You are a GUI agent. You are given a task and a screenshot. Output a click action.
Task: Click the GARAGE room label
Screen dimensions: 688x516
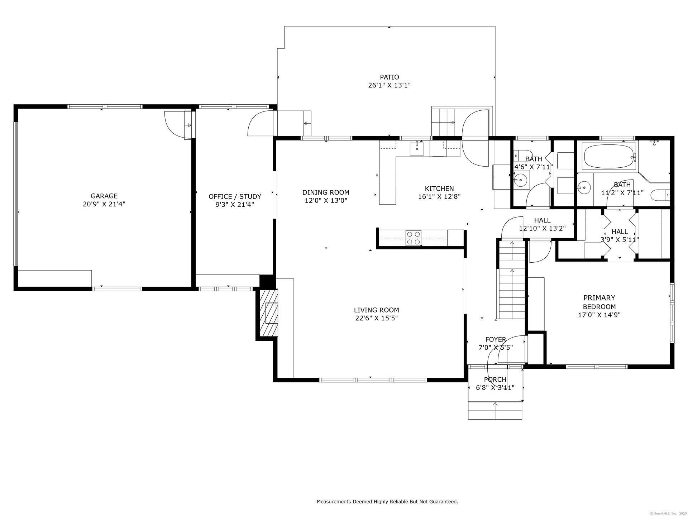click(104, 196)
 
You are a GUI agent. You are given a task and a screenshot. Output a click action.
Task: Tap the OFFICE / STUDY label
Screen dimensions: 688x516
click(235, 197)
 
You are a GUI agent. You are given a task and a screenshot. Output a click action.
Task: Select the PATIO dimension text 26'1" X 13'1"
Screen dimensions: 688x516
click(389, 85)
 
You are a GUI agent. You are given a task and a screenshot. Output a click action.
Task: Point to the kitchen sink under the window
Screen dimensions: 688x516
click(417, 148)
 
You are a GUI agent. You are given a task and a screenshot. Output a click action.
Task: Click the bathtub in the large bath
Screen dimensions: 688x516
click(609, 156)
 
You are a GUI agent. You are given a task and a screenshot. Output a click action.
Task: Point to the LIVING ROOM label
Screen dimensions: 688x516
click(376, 310)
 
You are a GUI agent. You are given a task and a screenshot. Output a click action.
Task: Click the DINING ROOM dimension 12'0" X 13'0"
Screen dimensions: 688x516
click(326, 201)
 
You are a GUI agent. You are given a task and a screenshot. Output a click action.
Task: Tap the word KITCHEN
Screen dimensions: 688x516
click(439, 188)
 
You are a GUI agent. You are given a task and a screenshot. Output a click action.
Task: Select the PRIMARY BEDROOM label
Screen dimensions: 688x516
click(599, 302)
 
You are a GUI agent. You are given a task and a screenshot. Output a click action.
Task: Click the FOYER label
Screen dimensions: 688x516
click(496, 339)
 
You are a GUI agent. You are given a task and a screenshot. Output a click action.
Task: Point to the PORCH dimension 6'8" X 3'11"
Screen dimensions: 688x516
click(495, 387)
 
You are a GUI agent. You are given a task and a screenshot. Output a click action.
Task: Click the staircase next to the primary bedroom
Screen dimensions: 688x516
click(512, 280)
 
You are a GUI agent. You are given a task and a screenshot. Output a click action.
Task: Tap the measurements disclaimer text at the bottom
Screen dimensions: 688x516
click(387, 502)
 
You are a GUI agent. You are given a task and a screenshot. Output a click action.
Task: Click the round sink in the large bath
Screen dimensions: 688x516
click(585, 187)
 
